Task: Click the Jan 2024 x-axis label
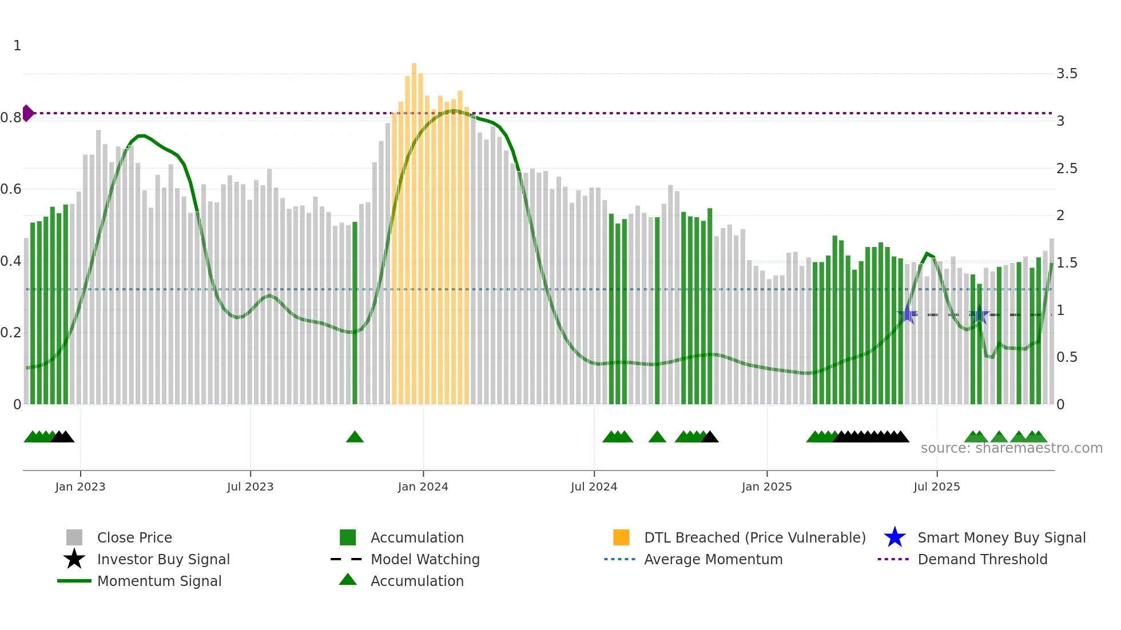click(423, 487)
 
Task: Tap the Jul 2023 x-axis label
click(250, 487)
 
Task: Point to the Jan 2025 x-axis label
click(766, 487)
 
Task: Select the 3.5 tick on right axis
click(1066, 74)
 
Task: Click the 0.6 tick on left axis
click(11, 189)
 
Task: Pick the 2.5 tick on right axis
click(1066, 169)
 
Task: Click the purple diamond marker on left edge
click(27, 113)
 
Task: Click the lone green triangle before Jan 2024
click(355, 437)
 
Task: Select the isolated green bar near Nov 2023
click(355, 313)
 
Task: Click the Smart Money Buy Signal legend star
click(895, 537)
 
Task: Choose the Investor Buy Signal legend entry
click(163, 559)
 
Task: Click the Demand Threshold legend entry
click(982, 559)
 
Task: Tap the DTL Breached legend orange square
click(621, 537)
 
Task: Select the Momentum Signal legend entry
click(159, 581)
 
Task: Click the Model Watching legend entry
click(424, 559)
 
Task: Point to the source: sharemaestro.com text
click(1011, 448)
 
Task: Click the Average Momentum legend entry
click(713, 559)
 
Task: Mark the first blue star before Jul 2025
click(907, 314)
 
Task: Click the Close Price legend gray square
click(74, 537)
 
